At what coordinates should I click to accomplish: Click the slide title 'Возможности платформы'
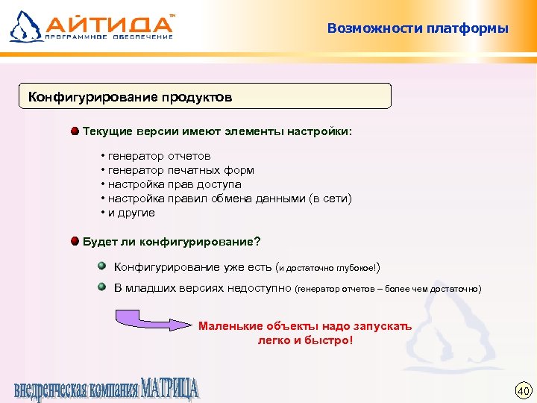click(x=418, y=29)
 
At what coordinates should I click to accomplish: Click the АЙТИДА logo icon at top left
click(x=23, y=26)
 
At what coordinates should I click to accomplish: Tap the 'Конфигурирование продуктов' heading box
click(x=204, y=97)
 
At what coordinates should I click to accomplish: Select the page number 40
click(x=522, y=390)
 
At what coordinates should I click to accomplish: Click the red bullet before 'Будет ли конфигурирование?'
click(x=75, y=241)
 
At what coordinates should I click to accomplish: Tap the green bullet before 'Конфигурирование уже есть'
click(x=102, y=266)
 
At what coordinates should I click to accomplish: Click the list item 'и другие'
click(x=131, y=213)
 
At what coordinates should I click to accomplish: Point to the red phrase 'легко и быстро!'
click(x=304, y=340)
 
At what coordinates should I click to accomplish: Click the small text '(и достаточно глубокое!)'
click(x=329, y=267)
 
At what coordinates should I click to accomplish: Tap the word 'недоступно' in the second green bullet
click(x=261, y=288)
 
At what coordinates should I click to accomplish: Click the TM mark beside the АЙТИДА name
click(x=174, y=14)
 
